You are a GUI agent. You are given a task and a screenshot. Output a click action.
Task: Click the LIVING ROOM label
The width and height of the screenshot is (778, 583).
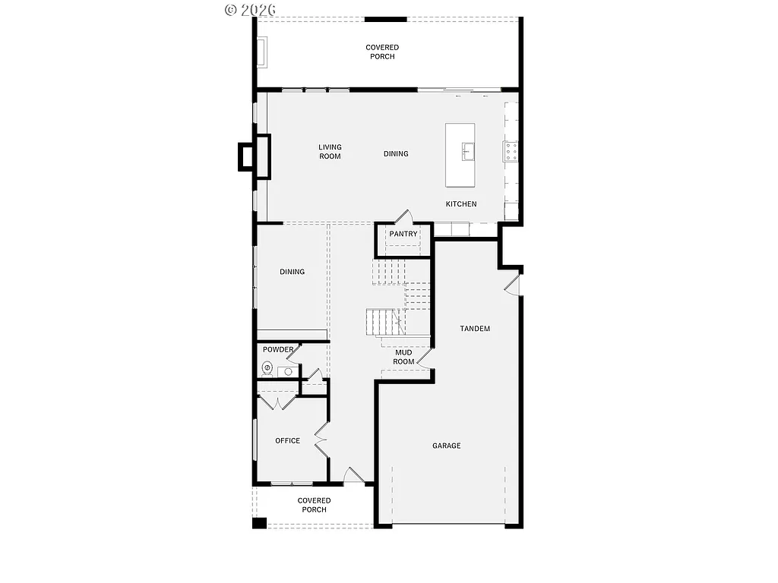(330, 152)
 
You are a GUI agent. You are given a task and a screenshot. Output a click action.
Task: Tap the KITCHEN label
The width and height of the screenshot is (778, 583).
(461, 204)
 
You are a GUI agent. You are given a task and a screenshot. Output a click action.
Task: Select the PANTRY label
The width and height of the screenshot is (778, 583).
(403, 234)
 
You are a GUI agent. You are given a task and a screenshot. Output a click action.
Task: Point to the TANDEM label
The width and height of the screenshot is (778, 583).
(475, 329)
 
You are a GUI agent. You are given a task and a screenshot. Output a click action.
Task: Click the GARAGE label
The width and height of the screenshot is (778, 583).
(447, 446)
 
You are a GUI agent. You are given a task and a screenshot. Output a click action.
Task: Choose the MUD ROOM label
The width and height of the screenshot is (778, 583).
(404, 357)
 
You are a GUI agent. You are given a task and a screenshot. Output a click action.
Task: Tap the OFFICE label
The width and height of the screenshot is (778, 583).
(287, 440)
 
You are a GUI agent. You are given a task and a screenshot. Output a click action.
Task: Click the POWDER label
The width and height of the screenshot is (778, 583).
(278, 350)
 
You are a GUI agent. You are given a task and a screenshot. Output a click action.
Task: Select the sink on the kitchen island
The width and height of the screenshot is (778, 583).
(467, 152)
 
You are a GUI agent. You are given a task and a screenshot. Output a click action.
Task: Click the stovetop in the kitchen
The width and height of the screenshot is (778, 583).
(511, 153)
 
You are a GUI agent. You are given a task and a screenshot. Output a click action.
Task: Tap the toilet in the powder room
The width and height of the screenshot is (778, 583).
(267, 369)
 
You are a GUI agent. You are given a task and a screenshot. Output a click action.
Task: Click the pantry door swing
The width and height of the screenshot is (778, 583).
(405, 216)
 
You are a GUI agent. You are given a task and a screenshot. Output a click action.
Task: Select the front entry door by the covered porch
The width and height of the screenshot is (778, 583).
(353, 476)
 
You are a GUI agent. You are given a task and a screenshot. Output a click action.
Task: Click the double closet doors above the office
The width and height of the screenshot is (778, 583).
(278, 402)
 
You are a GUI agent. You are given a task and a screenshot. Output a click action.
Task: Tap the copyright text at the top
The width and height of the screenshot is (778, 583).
(251, 9)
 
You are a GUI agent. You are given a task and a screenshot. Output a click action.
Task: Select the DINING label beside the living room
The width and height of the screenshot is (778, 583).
(396, 154)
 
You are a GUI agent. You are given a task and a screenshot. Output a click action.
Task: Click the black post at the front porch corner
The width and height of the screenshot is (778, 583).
(260, 522)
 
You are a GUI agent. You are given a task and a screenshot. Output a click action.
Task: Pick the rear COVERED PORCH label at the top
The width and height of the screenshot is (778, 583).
(382, 52)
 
